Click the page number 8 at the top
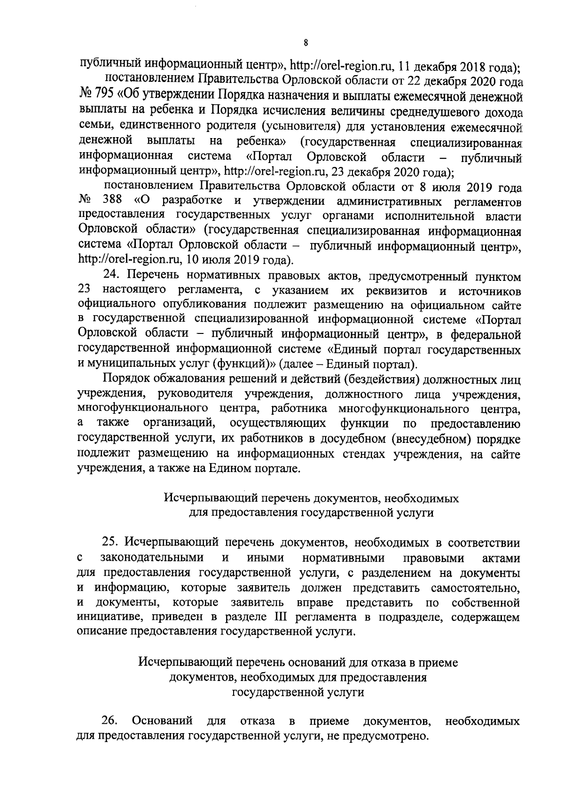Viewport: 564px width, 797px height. (306, 43)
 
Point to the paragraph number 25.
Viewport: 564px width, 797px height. (111, 542)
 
